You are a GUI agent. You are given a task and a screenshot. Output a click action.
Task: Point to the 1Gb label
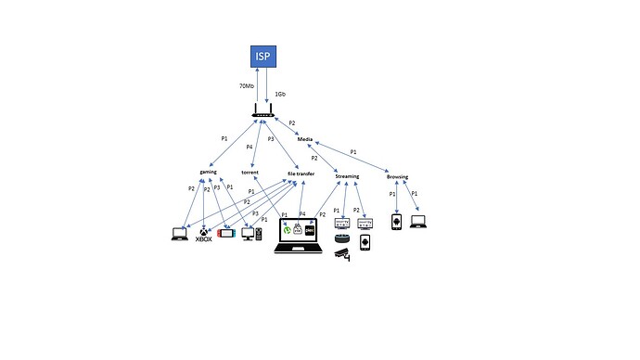(x=280, y=94)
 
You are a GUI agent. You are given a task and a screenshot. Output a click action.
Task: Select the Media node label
(x=304, y=139)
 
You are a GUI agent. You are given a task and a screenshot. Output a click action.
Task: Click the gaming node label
(x=208, y=173)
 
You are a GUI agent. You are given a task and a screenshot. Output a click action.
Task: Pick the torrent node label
(x=250, y=173)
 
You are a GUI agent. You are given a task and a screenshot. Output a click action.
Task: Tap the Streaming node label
(x=348, y=175)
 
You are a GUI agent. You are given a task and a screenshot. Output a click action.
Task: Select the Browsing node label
(x=397, y=176)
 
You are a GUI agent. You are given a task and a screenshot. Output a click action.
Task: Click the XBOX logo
(x=202, y=234)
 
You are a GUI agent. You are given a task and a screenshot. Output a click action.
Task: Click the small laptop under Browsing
(x=417, y=223)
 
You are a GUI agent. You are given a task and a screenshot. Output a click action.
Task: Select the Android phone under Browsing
(x=396, y=224)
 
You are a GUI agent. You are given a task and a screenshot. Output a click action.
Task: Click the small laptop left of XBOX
(x=179, y=234)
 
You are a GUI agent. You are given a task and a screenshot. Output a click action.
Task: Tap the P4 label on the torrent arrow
(x=250, y=146)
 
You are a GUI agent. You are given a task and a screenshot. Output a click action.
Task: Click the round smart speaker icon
(x=341, y=239)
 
